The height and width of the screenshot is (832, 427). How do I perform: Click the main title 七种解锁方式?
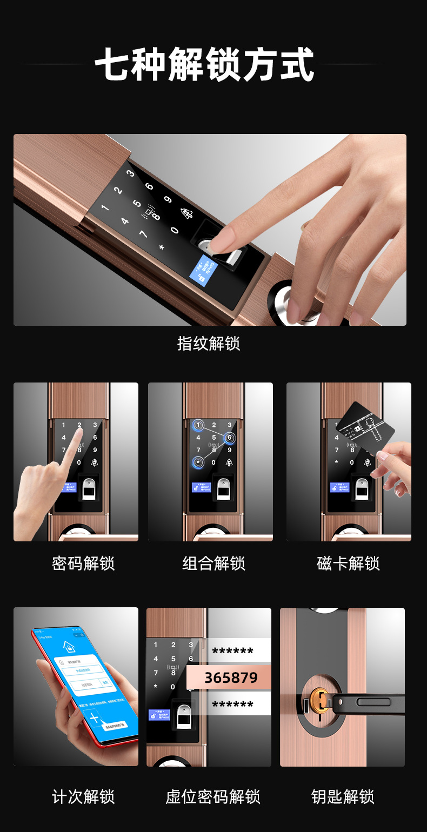[x=204, y=65]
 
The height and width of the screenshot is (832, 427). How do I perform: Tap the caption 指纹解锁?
[x=209, y=343]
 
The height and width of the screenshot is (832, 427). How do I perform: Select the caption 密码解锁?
[x=83, y=563]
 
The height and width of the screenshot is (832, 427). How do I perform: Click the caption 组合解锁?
[x=213, y=563]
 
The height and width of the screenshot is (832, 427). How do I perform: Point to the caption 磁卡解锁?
[x=348, y=563]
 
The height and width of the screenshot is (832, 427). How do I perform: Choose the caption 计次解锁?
[x=83, y=796]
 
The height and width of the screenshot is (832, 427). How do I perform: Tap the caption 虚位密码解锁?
[x=213, y=796]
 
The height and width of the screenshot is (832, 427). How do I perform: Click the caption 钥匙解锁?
[x=343, y=796]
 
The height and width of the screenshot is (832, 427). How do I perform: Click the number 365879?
[x=231, y=677]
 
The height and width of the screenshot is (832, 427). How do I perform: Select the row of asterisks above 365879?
[x=232, y=652]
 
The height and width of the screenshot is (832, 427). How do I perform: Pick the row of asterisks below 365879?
[x=232, y=705]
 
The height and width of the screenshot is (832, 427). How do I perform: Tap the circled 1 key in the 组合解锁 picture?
[x=198, y=425]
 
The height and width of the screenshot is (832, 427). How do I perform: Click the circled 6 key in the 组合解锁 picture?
[x=229, y=438]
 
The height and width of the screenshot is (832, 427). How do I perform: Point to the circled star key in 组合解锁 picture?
[x=198, y=462]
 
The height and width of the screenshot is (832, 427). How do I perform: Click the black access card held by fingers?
[x=365, y=428]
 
